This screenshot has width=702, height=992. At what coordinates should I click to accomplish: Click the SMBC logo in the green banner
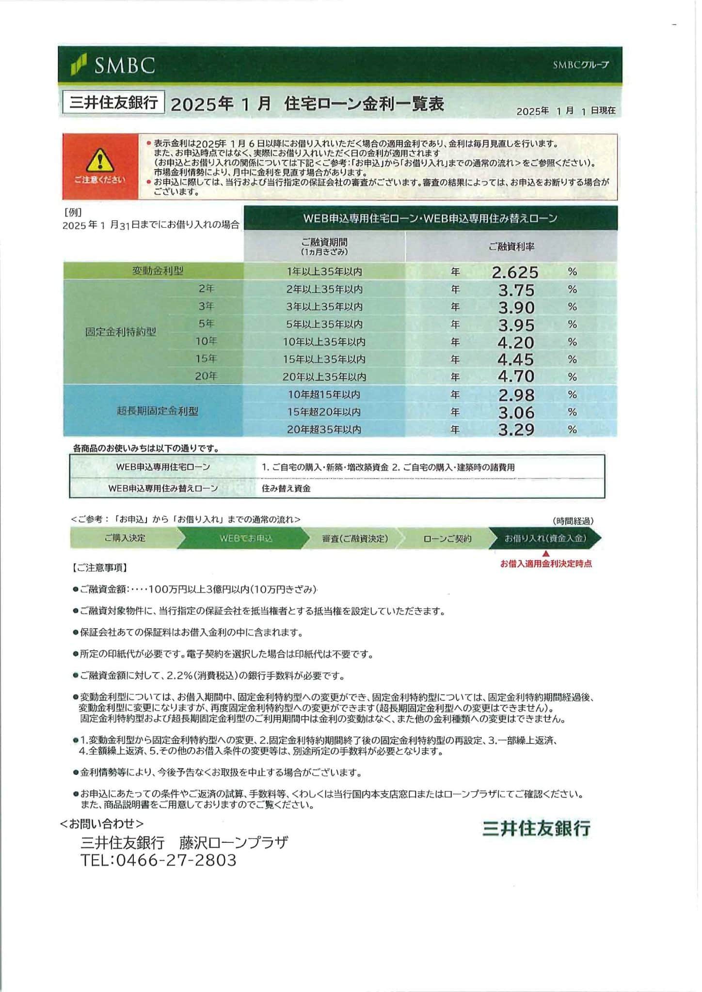pos(113,65)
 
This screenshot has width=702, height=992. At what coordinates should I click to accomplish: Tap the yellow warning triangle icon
pos(100,160)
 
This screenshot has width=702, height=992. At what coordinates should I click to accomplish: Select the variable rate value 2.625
pos(515,272)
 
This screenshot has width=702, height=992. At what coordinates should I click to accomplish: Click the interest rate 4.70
pos(516,376)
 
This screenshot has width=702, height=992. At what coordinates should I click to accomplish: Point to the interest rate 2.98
pos(516,395)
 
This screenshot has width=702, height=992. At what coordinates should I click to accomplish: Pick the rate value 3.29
pos(516,430)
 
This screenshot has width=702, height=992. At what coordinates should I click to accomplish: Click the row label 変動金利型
pos(158,271)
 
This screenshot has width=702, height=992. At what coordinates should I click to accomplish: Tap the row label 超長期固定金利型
pos(158,411)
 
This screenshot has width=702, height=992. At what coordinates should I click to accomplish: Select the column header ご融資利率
pos(511,247)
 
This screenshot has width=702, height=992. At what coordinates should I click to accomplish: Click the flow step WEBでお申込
pos(246,538)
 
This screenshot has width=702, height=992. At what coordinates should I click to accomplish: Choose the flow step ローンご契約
pos(447,538)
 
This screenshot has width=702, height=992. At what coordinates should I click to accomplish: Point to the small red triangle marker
pos(546,554)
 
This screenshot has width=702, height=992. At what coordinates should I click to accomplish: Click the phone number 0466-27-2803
pos(176,860)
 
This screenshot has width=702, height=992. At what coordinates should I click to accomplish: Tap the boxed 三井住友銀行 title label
pos(113,103)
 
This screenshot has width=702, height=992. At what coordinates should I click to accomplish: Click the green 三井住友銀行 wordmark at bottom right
pos(536,829)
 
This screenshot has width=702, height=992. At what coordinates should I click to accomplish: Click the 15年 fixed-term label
pos(206,359)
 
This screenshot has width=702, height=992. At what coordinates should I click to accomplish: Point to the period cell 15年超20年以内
pos(324,412)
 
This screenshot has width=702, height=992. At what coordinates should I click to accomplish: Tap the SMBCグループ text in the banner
pos(580,65)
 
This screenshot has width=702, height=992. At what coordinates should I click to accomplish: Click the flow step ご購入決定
pos(125,538)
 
